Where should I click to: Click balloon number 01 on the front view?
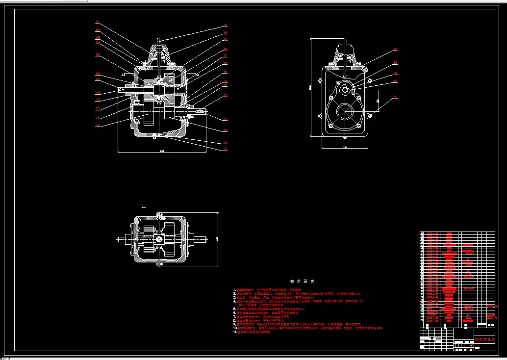coord(98,23)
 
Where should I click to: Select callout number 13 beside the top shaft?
coord(225,26)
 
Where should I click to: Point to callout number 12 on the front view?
coord(98,126)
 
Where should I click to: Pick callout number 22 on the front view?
coord(225,95)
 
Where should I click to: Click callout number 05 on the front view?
coord(98,55)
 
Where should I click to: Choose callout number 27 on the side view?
coord(395,50)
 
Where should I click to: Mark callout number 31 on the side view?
coord(395,98)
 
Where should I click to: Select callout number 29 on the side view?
coord(395,74)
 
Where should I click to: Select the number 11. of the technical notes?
coord(235,332)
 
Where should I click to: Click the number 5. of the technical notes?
coord(234,309)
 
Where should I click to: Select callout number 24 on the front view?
coord(225,130)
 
